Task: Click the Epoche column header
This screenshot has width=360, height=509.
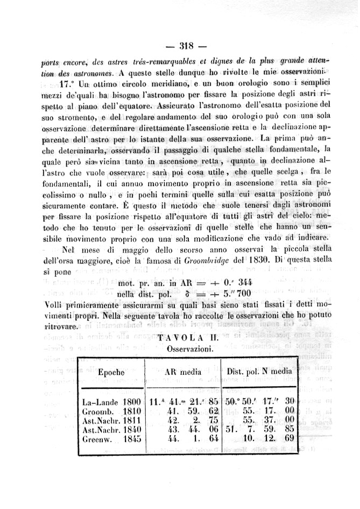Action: (111, 372)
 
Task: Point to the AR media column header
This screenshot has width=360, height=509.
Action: (183, 372)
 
